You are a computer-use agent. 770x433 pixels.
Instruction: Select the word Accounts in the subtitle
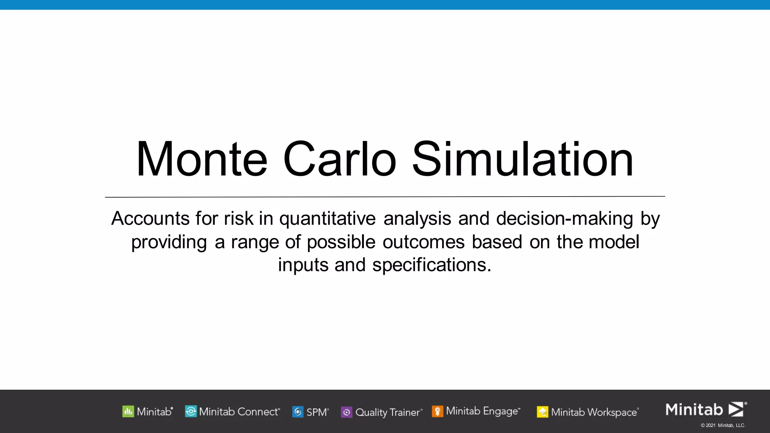[150, 219]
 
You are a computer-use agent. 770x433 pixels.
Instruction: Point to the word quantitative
[327, 219]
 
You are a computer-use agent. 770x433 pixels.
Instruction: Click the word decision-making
[565, 219]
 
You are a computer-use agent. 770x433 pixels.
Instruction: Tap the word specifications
[432, 265]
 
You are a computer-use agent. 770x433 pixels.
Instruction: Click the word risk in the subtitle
[239, 219]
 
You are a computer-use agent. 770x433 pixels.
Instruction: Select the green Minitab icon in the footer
[128, 412]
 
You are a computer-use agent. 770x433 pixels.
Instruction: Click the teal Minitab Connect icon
[191, 412]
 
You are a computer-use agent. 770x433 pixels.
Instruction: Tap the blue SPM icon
[298, 412]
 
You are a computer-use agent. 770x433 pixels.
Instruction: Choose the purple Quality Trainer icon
[347, 412]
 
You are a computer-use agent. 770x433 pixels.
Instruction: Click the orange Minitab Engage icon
[437, 411]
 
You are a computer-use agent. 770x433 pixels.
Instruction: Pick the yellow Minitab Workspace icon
[543, 412]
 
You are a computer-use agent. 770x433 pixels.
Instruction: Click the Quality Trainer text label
[388, 412]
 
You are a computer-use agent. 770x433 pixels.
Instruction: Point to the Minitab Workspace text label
[594, 412]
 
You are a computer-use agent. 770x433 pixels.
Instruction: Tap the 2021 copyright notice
[723, 425]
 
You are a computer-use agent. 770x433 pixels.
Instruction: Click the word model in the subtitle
[614, 242]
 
